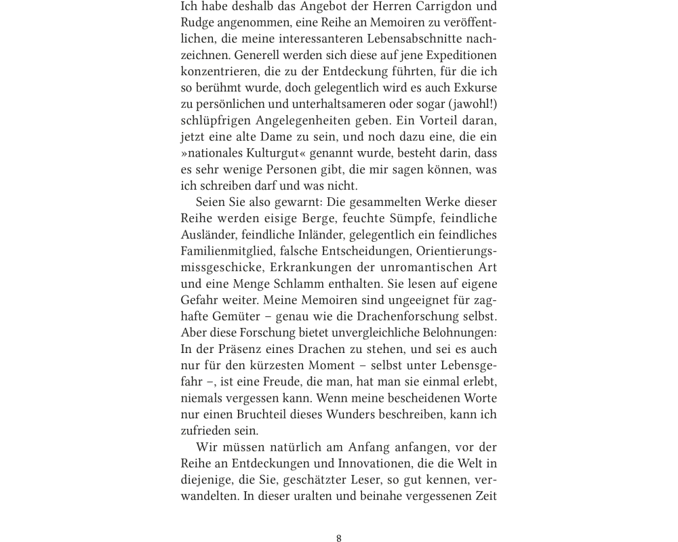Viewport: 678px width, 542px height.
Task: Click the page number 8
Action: [x=339, y=539]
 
